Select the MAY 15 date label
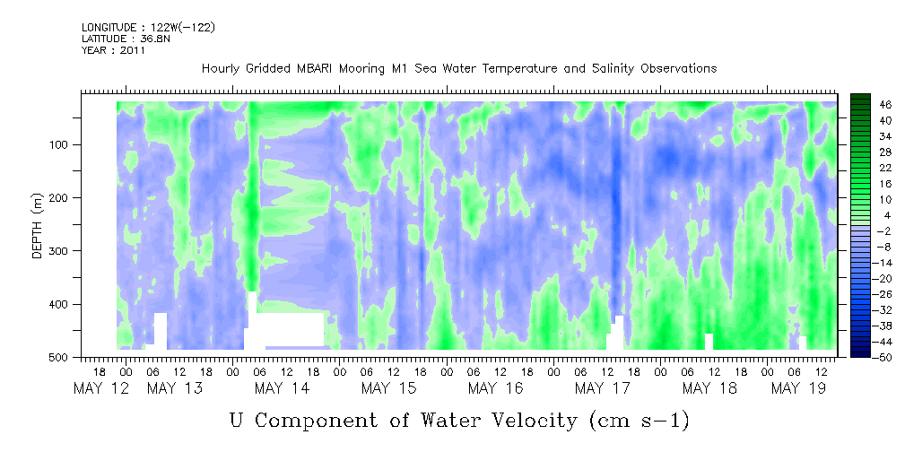click(388, 388)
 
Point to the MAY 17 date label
click(602, 388)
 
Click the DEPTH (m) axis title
click(38, 225)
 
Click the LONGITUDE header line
click(148, 27)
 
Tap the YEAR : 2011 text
click(113, 50)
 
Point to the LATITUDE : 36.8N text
click(126, 39)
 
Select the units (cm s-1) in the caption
click(639, 421)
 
